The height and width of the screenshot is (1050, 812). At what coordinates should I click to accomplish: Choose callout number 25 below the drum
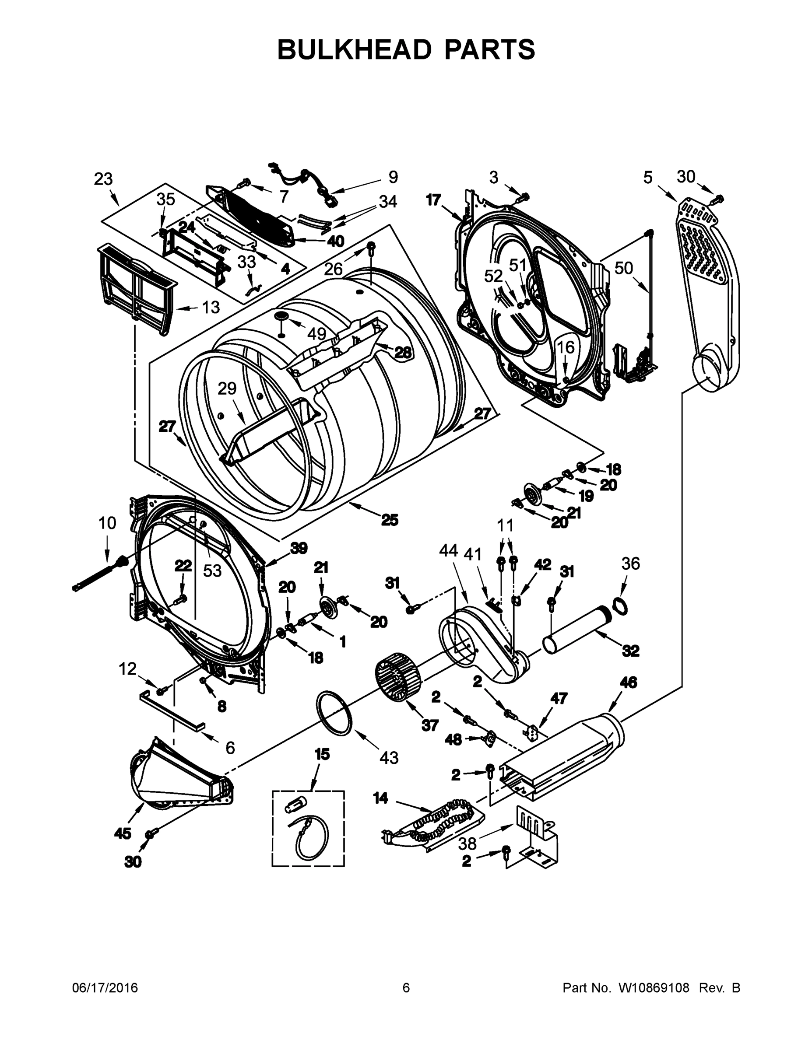coord(390,520)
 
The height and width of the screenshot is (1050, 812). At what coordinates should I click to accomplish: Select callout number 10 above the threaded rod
coord(107,523)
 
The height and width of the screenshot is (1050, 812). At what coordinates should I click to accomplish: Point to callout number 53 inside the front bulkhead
coord(212,570)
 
